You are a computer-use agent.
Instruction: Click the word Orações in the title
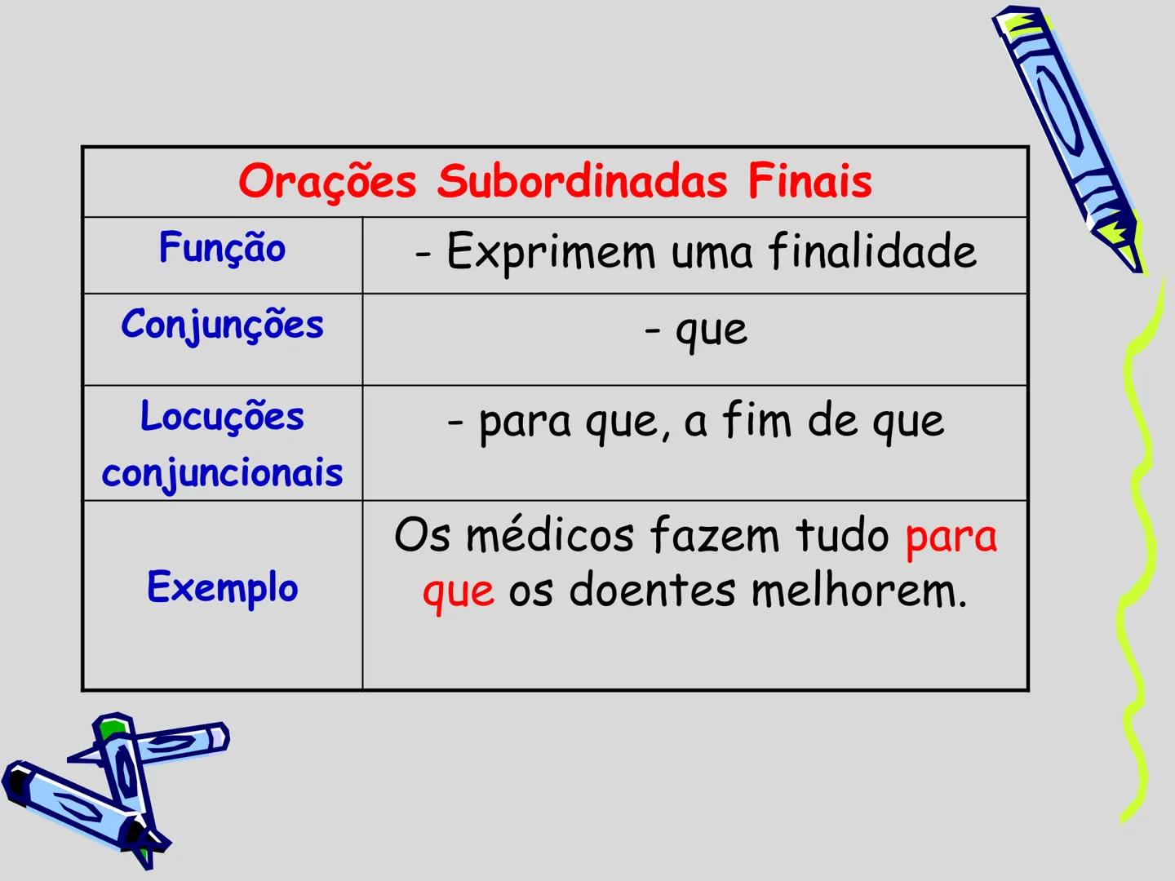pos(327,181)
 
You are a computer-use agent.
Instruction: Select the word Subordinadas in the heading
pos(582,181)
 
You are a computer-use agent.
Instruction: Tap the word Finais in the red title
pos(809,181)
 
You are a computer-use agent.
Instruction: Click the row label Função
pos(222,248)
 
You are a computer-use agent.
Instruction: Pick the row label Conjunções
pos(222,325)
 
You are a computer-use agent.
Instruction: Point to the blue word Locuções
pos(222,417)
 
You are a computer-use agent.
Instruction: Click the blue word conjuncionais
pos(222,474)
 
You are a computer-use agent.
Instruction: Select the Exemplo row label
pos(222,587)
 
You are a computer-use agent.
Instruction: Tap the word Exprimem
pos(551,251)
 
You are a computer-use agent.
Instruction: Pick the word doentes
pos(652,591)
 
